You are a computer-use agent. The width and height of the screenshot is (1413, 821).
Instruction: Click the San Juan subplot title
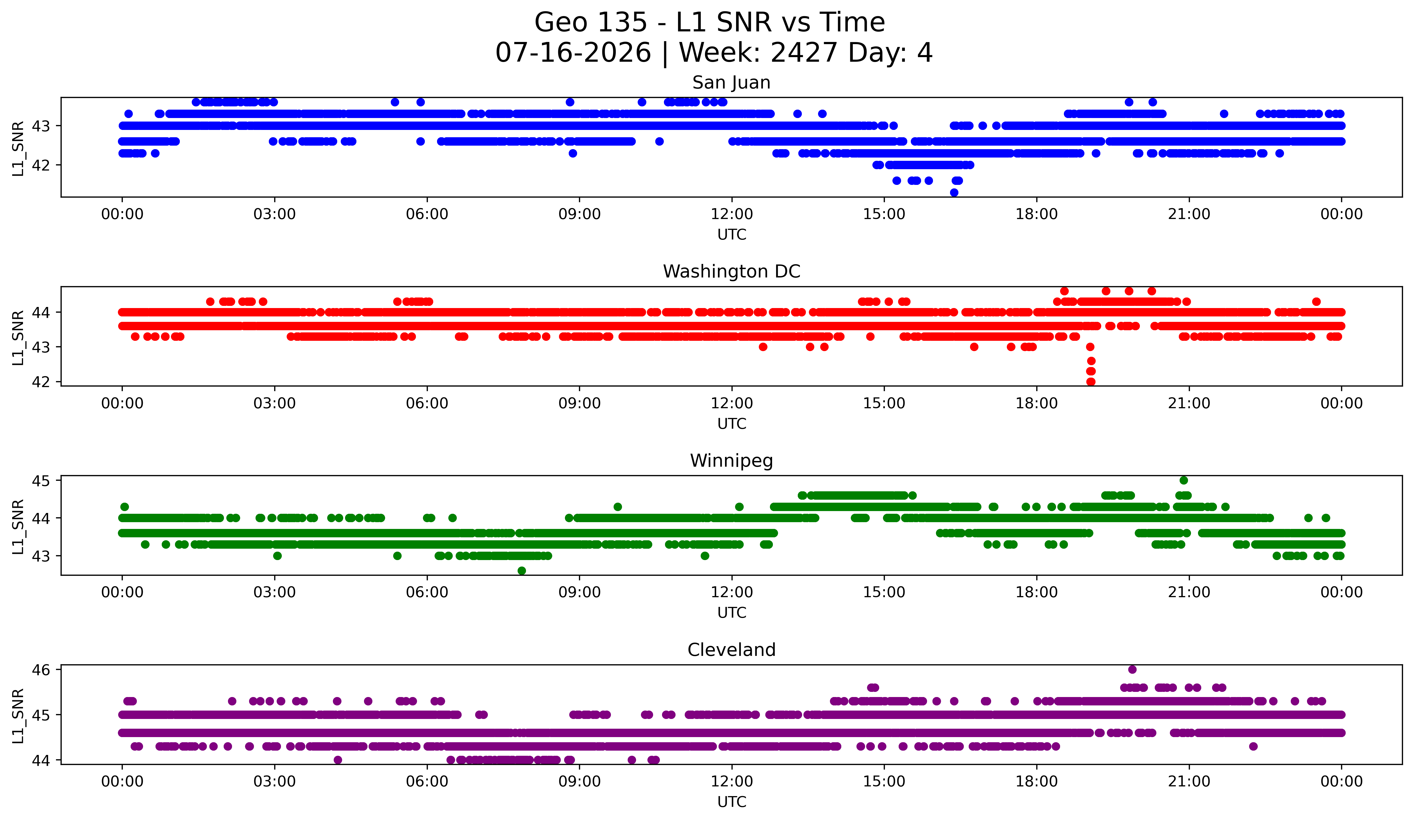[x=731, y=83]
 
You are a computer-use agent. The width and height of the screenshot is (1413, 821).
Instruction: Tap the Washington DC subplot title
[x=731, y=272]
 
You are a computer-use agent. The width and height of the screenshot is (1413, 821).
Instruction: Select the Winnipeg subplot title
[x=731, y=461]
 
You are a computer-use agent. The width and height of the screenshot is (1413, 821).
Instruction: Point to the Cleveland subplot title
[x=731, y=650]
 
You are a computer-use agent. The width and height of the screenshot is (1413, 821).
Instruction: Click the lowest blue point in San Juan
[x=954, y=192]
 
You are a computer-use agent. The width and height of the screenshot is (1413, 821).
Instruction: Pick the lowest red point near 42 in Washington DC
[x=1091, y=382]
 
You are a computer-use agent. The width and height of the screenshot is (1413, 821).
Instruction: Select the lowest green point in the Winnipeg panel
[x=521, y=571]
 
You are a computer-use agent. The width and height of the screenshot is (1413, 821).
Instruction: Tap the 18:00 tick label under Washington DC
[x=1036, y=404]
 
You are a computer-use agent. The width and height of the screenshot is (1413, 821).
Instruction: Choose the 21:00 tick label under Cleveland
[x=1189, y=782]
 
